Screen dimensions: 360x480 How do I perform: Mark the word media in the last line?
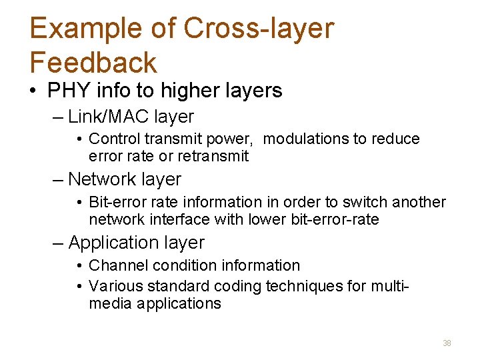111,303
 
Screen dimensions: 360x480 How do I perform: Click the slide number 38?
447,343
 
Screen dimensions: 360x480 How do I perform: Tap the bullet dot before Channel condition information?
79,266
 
